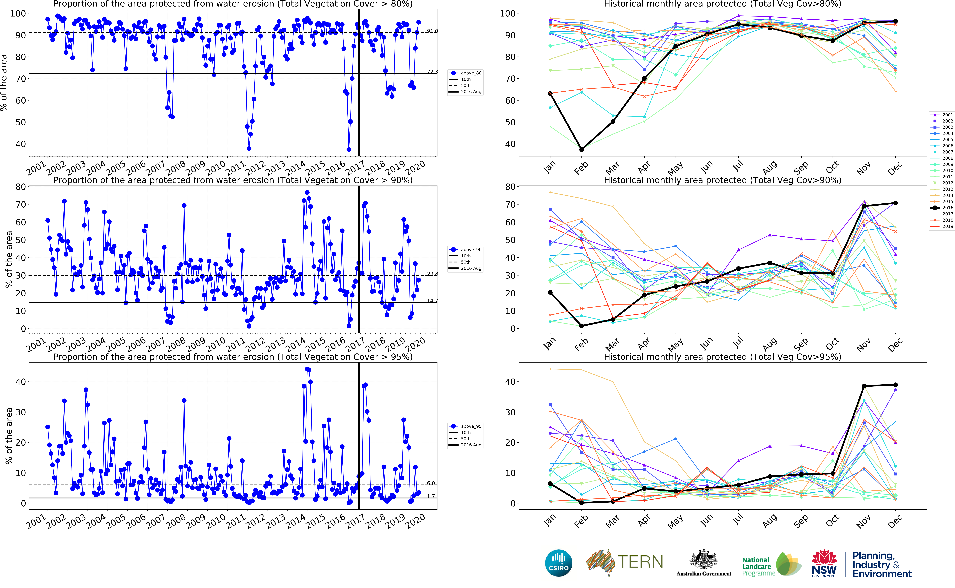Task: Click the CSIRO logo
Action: pos(559,563)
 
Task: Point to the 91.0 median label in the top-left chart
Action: pos(432,31)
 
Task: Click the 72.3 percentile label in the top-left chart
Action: pos(432,72)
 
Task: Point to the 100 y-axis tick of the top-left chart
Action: pos(18,14)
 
